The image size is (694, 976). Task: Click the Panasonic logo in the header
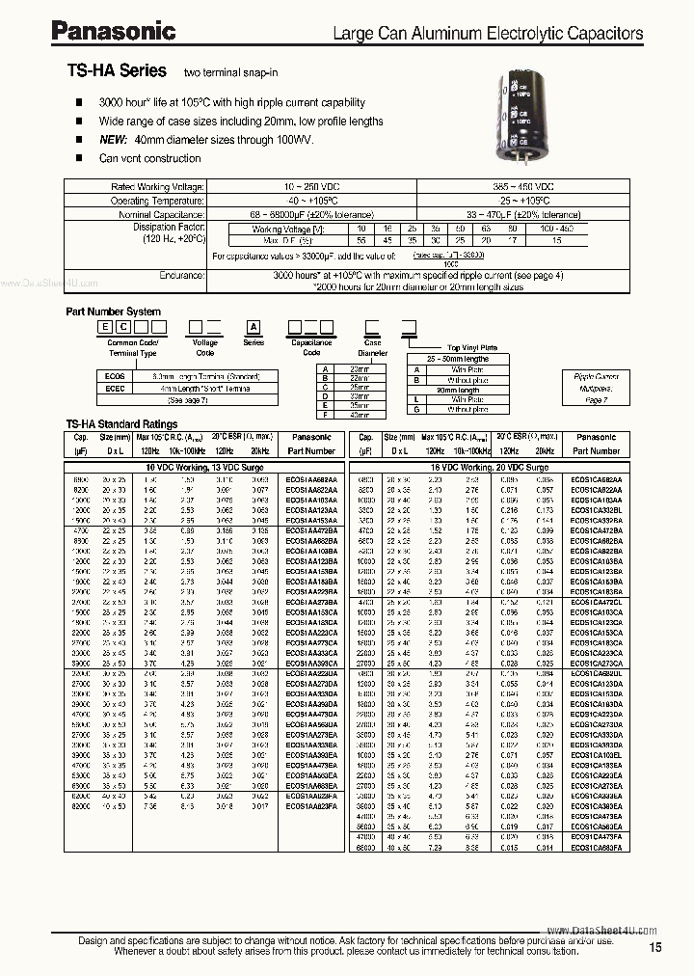tap(113, 32)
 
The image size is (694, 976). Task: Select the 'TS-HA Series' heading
tap(117, 71)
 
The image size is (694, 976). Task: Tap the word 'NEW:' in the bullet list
tap(115, 140)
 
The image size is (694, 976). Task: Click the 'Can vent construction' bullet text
tap(149, 158)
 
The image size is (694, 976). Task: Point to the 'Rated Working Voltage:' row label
tap(157, 185)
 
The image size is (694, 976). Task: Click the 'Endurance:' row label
tap(181, 275)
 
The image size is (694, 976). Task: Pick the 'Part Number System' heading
tap(113, 312)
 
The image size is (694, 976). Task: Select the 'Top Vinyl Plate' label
tap(472, 347)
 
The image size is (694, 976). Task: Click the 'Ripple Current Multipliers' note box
tap(597, 386)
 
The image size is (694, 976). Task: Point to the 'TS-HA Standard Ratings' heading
tap(121, 423)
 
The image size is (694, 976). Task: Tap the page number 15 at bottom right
tap(655, 949)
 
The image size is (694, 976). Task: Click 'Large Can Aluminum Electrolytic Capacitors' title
tap(487, 33)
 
